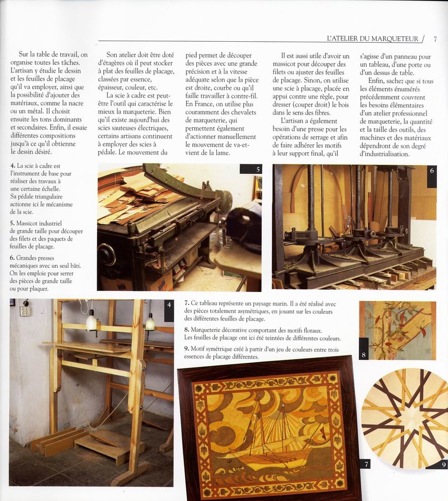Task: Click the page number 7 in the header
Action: [434, 38]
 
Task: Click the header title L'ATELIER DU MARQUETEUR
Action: [372, 38]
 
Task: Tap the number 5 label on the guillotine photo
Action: [257, 169]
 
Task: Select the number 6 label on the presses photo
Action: [431, 170]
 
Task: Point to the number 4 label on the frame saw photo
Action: [169, 305]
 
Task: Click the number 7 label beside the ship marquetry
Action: [366, 464]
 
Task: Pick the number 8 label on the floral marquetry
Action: [363, 354]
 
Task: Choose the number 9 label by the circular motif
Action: [443, 465]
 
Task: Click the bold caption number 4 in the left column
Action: [12, 165]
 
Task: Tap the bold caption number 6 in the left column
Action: [12, 258]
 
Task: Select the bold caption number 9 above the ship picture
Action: [187, 349]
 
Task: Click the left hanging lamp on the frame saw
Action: [91, 321]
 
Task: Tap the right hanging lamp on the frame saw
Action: [150, 322]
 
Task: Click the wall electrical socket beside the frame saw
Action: [25, 310]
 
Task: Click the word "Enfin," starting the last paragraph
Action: [378, 80]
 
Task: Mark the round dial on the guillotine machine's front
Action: [107, 254]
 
